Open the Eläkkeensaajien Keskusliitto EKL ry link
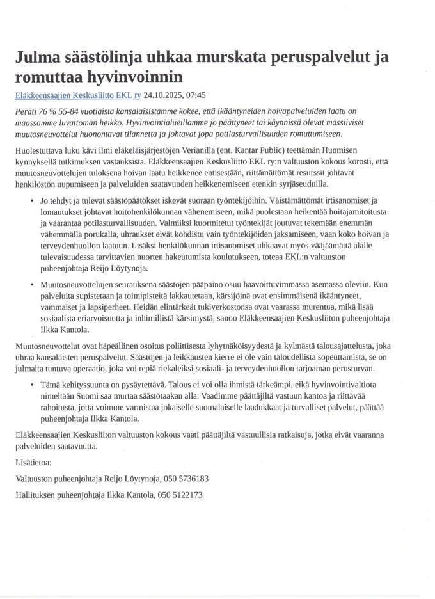pos(78,95)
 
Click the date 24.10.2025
pos(164,95)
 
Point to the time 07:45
pos(195,95)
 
